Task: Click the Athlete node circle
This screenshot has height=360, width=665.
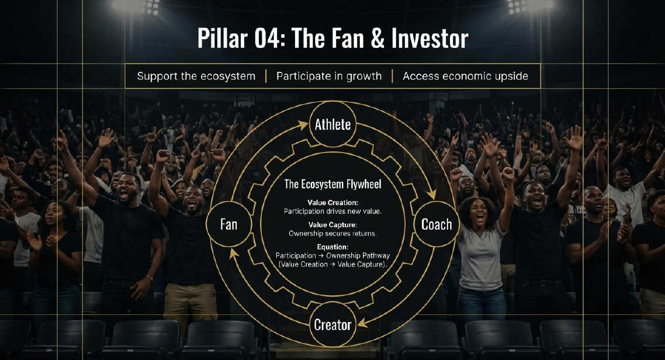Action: tap(332, 124)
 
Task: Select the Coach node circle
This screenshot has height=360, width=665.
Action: tap(436, 224)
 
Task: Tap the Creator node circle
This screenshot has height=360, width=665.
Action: tap(332, 325)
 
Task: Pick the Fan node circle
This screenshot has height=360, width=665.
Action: tap(228, 224)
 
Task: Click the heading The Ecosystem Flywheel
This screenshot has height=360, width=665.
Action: tap(332, 184)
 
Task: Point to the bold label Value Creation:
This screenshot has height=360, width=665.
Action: tap(332, 202)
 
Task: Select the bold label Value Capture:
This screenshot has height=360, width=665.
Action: tap(332, 224)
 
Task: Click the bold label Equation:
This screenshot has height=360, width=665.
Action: tap(332, 247)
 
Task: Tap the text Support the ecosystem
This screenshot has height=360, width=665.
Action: tap(196, 77)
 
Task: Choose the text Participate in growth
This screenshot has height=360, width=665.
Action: tap(329, 77)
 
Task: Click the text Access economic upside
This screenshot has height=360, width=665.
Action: tap(465, 77)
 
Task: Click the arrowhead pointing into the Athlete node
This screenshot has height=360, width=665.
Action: tap(303, 124)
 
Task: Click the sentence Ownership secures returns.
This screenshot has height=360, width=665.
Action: tap(332, 233)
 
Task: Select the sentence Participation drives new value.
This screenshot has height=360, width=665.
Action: tap(332, 211)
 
